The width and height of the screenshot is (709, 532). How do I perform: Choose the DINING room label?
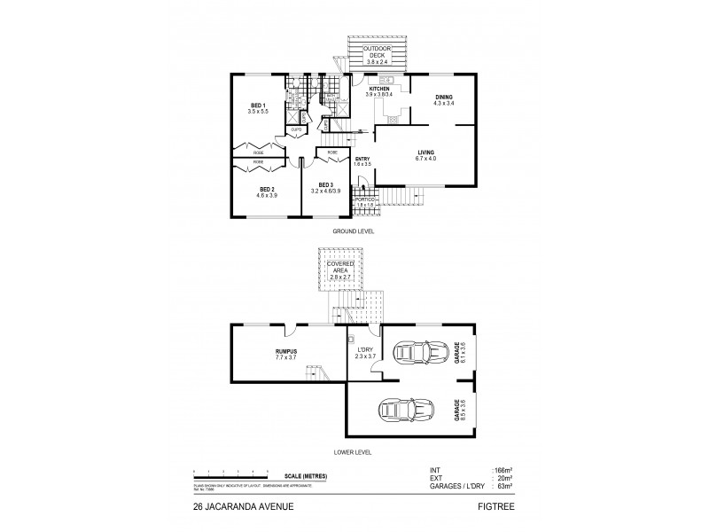click(x=444, y=100)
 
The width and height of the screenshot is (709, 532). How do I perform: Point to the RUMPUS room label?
click(x=285, y=353)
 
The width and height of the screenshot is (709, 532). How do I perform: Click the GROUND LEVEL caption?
click(x=354, y=231)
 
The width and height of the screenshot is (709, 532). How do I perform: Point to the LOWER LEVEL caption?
click(x=354, y=451)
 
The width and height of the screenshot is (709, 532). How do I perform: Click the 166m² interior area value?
click(x=502, y=470)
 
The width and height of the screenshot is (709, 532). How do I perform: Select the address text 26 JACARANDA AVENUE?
click(x=237, y=508)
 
